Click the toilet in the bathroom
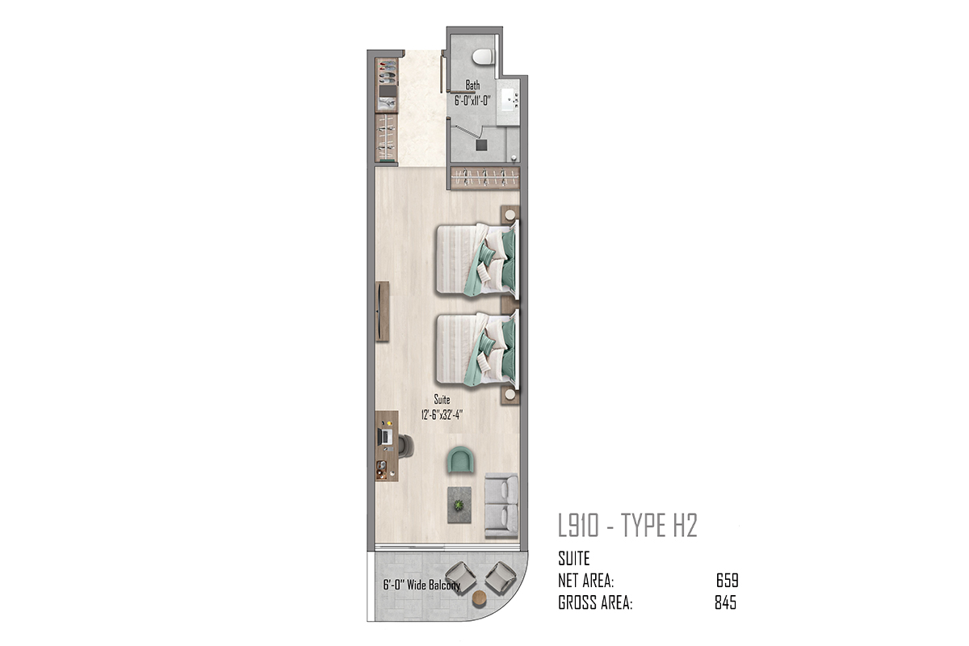pyautogui.click(x=483, y=57)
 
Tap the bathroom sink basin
pyautogui.click(x=509, y=100)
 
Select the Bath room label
pyautogui.click(x=473, y=85)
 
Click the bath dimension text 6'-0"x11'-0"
pyautogui.click(x=472, y=101)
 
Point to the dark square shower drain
pyautogui.click(x=481, y=145)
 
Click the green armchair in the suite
pyautogui.click(x=460, y=460)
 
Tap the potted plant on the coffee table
pyautogui.click(x=459, y=505)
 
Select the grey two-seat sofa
pyautogui.click(x=501, y=505)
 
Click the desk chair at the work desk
pyautogui.click(x=405, y=446)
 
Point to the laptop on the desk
pyautogui.click(x=385, y=437)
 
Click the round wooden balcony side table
pyautogui.click(x=480, y=598)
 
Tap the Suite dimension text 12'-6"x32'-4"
pyautogui.click(x=443, y=415)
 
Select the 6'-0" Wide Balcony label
pyautogui.click(x=422, y=585)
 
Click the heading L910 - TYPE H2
pyautogui.click(x=627, y=526)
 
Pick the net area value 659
pyautogui.click(x=728, y=581)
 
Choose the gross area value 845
pyautogui.click(x=725, y=602)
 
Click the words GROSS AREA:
pyautogui.click(x=595, y=602)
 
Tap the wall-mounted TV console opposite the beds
pyautogui.click(x=382, y=312)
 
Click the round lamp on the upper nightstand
pyautogui.click(x=510, y=215)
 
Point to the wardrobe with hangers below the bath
pyautogui.click(x=484, y=178)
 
